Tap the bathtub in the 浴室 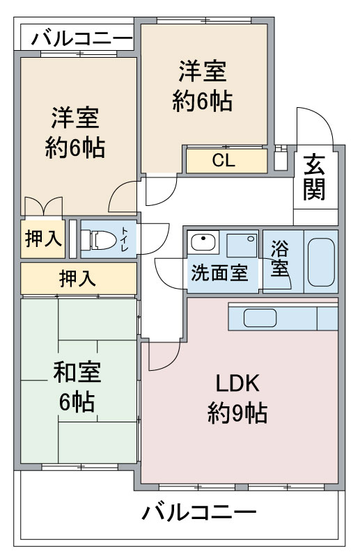point(321,262)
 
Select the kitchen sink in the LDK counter point(260,318)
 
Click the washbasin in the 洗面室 point(203,243)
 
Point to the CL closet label point(224,161)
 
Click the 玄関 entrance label point(314,177)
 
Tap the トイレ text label point(125,239)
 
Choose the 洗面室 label point(220,273)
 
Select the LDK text point(237,383)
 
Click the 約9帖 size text point(237,413)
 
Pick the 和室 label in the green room point(77,372)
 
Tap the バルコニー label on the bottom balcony point(199,513)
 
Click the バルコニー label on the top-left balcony point(82,38)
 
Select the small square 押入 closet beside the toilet point(42,239)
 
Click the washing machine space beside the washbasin point(242,245)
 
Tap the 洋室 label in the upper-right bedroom point(203,71)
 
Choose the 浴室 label point(280,258)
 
